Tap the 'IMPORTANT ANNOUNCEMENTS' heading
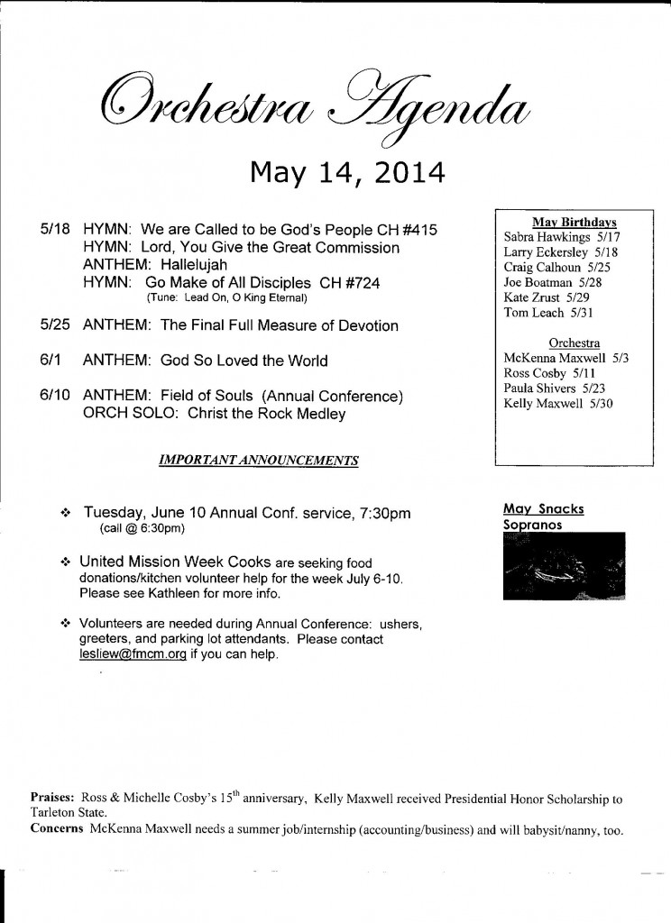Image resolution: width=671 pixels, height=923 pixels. tap(258, 460)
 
